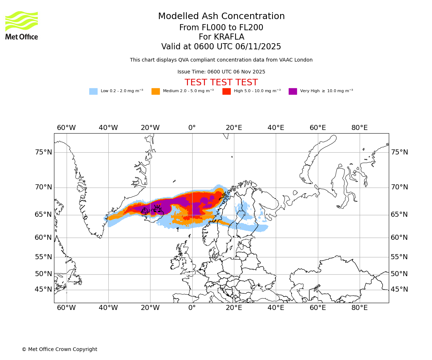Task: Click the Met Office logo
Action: pyautogui.click(x=22, y=25)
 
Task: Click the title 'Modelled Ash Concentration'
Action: pyautogui.click(x=221, y=17)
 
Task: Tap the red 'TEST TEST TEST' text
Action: pyautogui.click(x=221, y=82)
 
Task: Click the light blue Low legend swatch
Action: pyautogui.click(x=93, y=91)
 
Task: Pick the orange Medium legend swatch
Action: pyautogui.click(x=156, y=91)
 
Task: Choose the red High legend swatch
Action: pyautogui.click(x=226, y=91)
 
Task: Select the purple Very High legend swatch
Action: pyautogui.click(x=293, y=91)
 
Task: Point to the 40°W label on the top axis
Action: pyautogui.click(x=108, y=128)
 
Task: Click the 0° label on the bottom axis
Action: pyautogui.click(x=192, y=308)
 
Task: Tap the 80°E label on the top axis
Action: pyautogui.click(x=359, y=128)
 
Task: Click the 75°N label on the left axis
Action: pyautogui.click(x=43, y=152)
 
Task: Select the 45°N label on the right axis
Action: pyautogui.click(x=399, y=289)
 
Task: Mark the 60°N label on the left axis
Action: pyautogui.click(x=43, y=238)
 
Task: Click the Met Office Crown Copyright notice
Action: pyautogui.click(x=59, y=349)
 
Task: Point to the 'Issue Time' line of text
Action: pyautogui.click(x=221, y=72)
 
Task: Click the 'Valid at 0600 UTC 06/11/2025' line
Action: pyautogui.click(x=221, y=47)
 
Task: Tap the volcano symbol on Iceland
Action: pyautogui.click(x=157, y=208)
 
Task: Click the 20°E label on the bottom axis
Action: pyautogui.click(x=234, y=308)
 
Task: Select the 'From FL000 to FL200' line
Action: pyautogui.click(x=221, y=28)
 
